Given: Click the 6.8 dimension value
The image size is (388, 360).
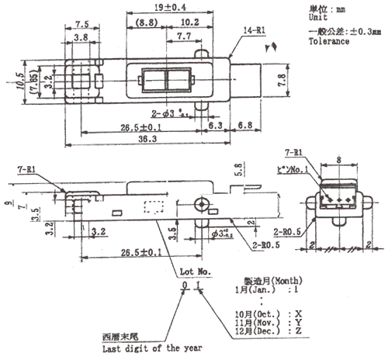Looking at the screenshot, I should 244,124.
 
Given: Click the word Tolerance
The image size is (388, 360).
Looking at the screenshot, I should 310,42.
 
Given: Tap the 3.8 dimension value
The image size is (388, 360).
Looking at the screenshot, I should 79,36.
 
